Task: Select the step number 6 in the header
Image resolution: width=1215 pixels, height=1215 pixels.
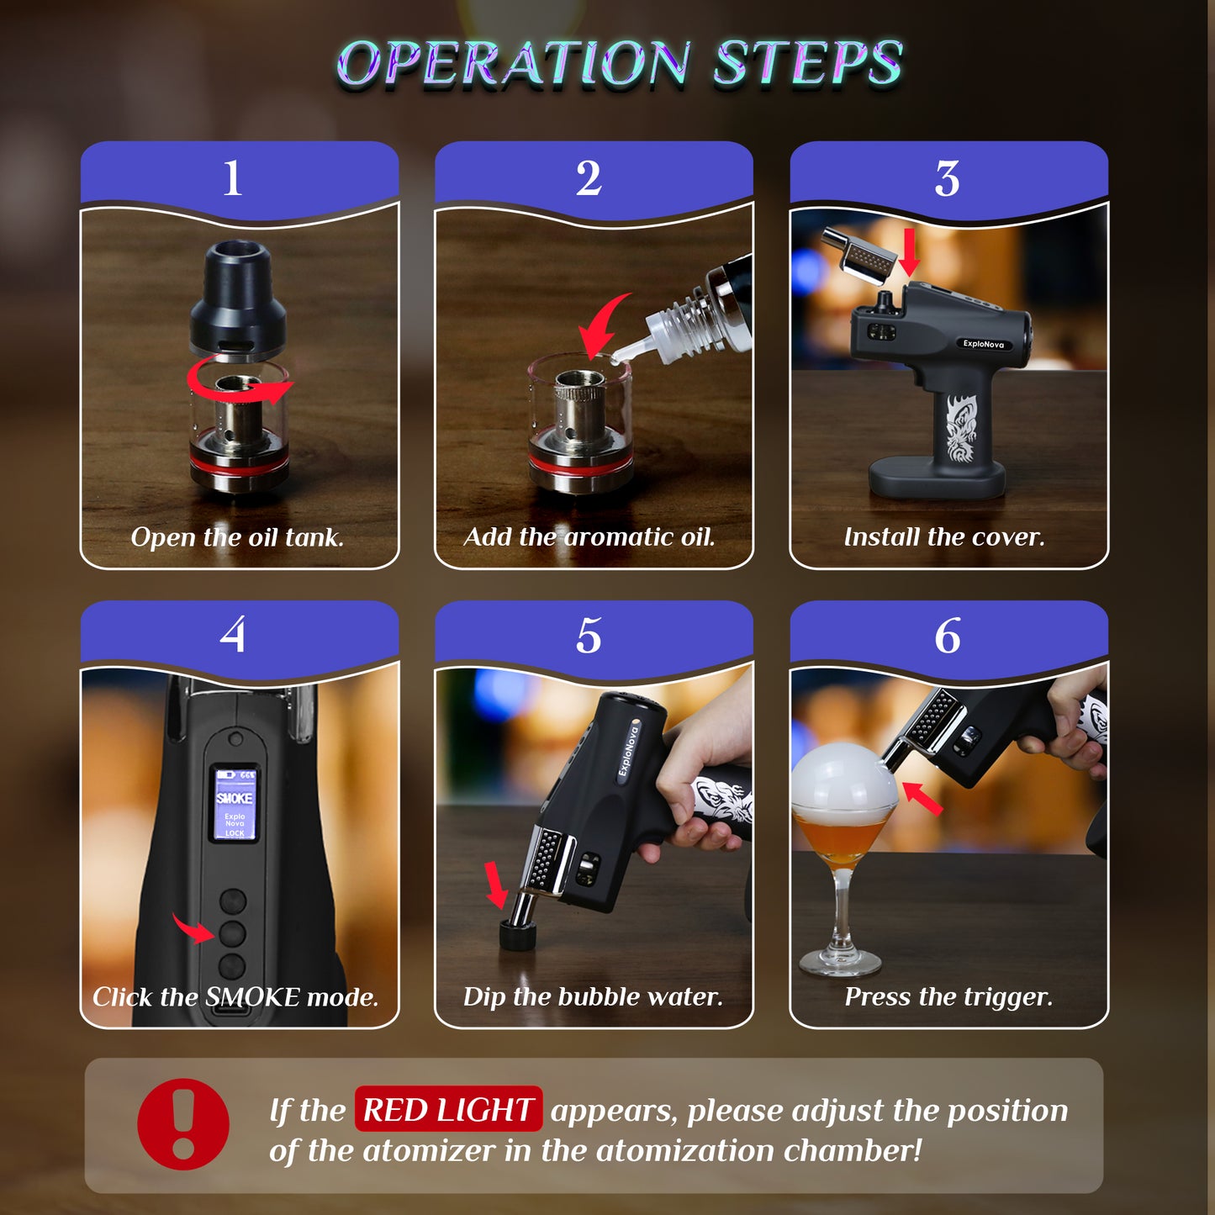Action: click(947, 636)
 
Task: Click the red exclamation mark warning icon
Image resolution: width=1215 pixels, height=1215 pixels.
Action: click(182, 1124)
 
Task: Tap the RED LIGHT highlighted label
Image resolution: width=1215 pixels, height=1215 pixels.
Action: click(448, 1109)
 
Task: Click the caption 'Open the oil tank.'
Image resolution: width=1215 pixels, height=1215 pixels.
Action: click(237, 537)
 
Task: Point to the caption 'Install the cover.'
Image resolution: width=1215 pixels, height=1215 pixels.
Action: click(944, 537)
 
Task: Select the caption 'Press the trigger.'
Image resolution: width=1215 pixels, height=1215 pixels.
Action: click(948, 997)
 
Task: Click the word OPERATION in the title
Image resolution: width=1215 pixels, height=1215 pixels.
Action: click(514, 63)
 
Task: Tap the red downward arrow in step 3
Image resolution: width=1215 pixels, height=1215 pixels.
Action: click(909, 252)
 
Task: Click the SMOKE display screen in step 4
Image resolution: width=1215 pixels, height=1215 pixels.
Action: click(235, 804)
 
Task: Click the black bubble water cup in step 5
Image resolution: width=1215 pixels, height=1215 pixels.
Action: click(518, 935)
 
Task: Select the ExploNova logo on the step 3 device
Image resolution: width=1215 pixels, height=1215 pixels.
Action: click(983, 344)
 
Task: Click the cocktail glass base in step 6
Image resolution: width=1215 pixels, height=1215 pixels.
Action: click(839, 962)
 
